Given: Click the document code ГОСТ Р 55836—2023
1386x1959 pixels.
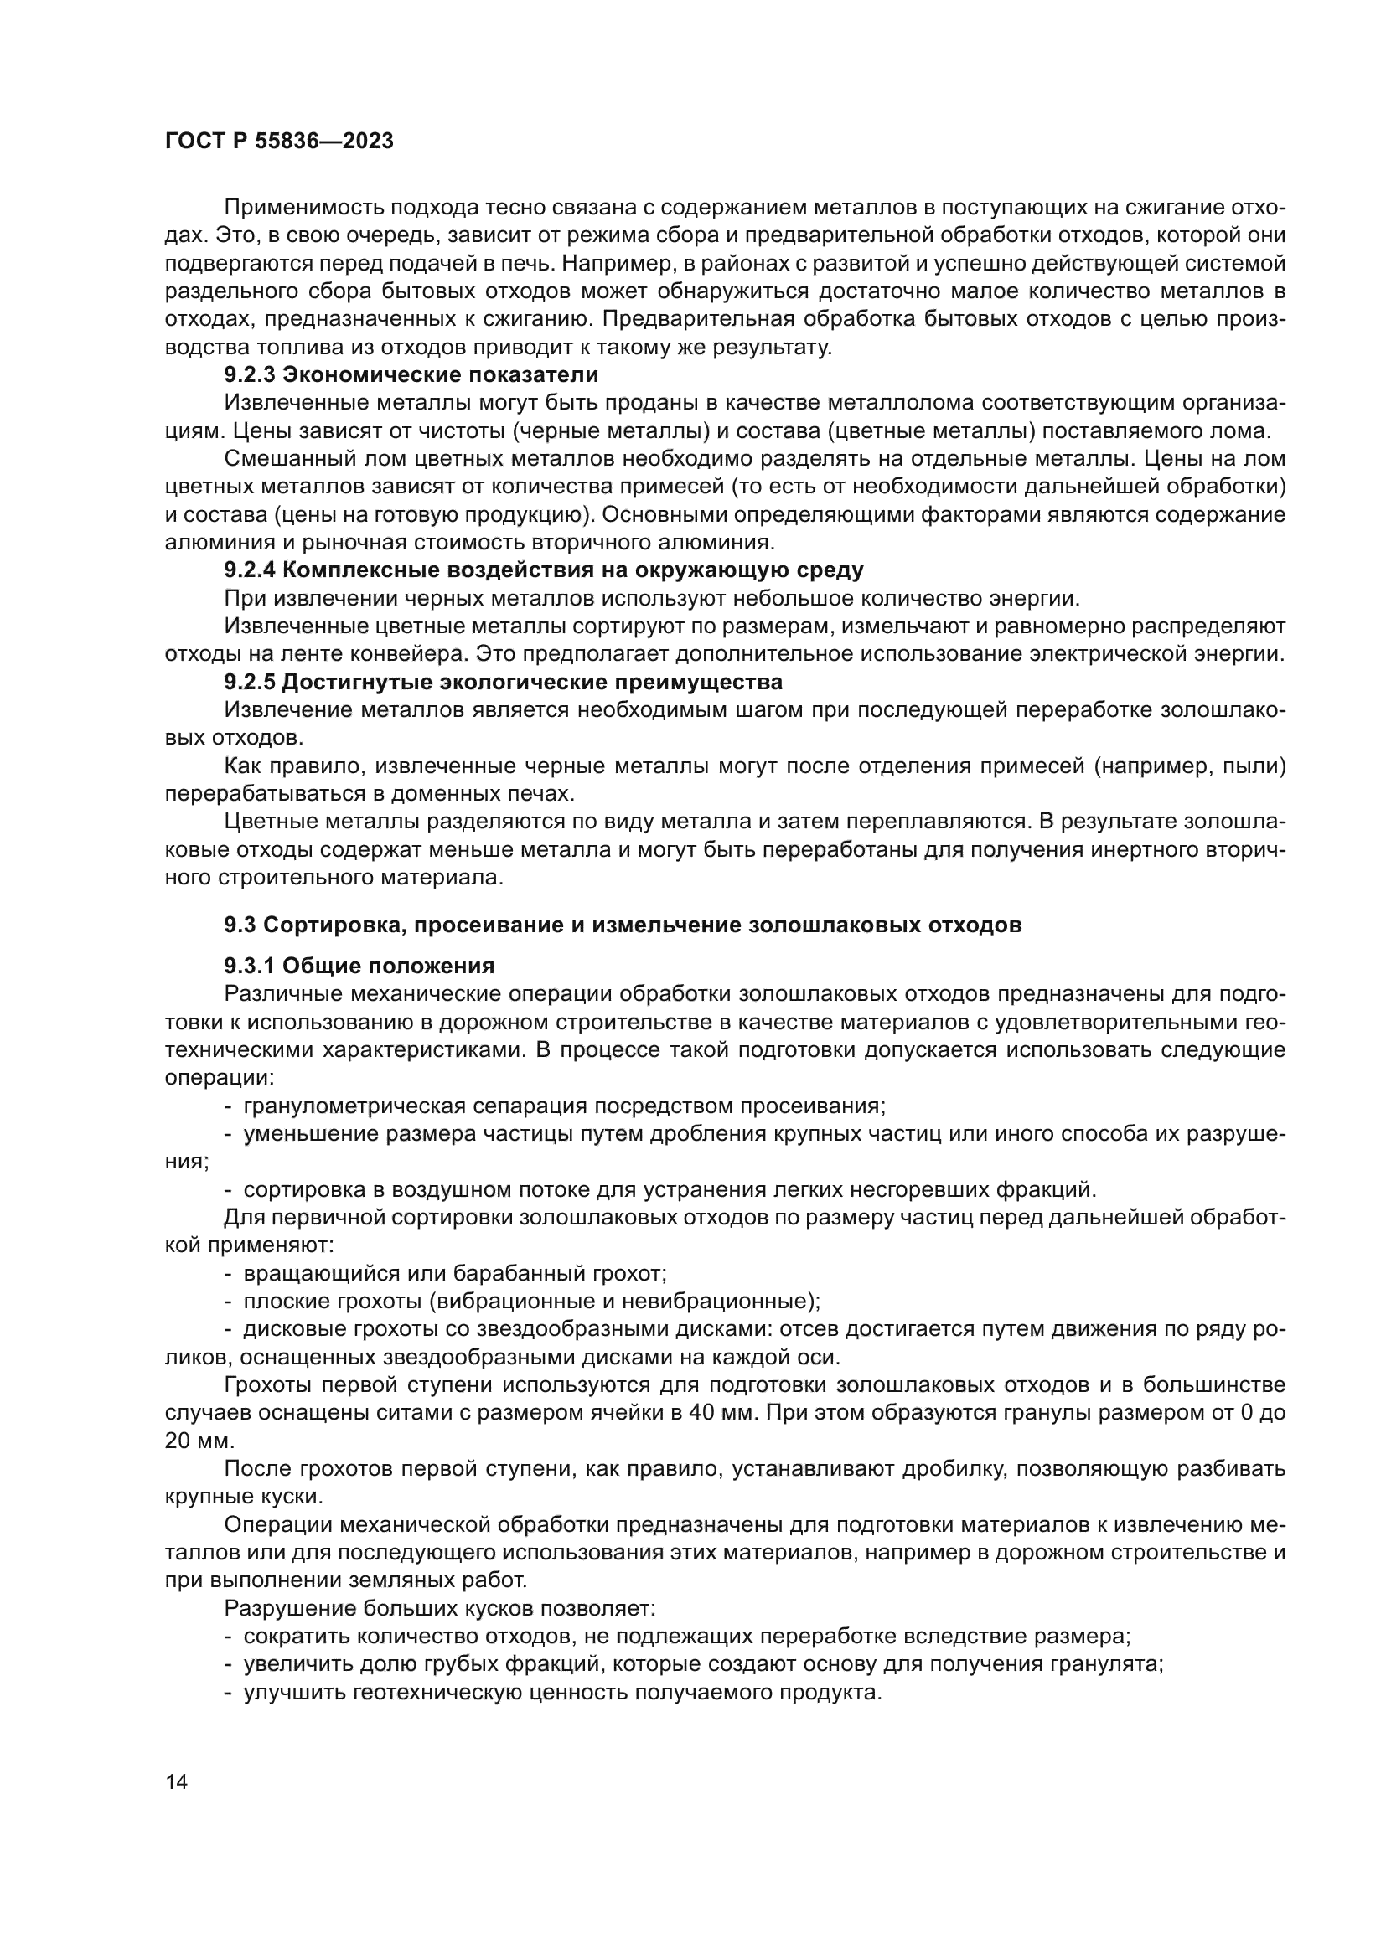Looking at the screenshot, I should tap(279, 142).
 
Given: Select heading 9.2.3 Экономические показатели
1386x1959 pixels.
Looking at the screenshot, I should tap(411, 374).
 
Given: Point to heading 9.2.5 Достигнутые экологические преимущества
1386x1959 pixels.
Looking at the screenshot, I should tap(504, 683).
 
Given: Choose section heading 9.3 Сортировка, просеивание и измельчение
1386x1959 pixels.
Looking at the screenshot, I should tap(622, 924).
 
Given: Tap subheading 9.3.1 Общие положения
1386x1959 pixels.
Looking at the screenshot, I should tap(359, 966).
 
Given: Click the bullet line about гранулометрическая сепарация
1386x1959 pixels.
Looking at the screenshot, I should tap(564, 1106).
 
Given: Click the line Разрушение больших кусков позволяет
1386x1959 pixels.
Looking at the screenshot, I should tap(440, 1608).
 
